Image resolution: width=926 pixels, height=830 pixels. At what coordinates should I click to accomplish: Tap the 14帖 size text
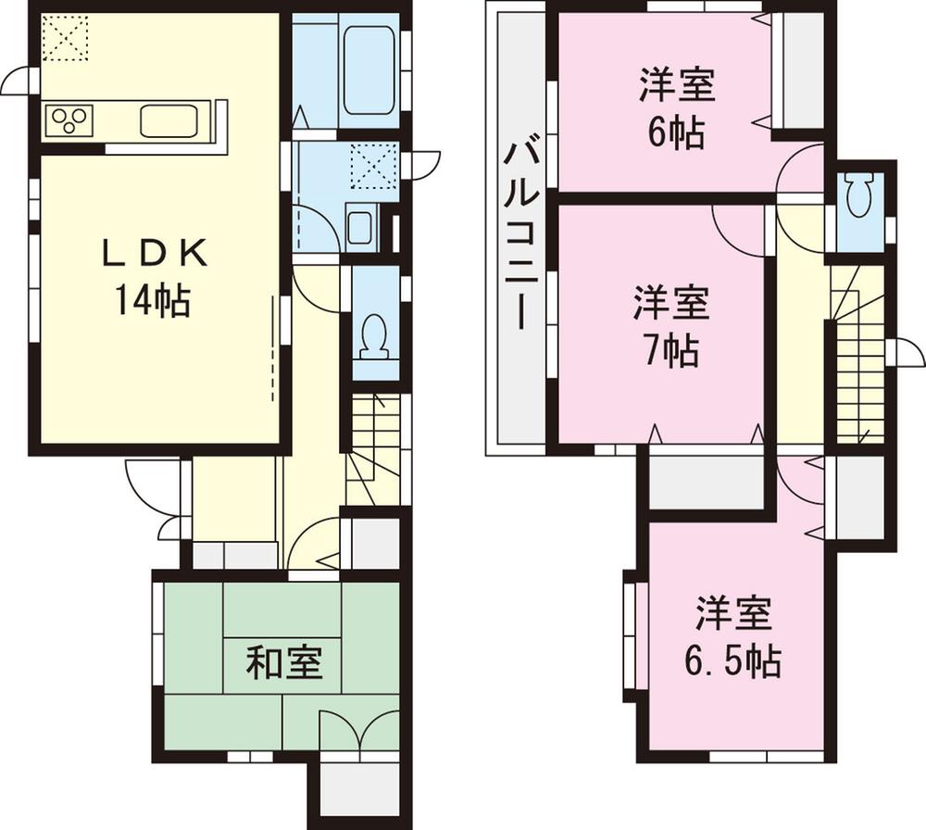(x=153, y=300)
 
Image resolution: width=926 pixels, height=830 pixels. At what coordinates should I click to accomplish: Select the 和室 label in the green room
(x=283, y=663)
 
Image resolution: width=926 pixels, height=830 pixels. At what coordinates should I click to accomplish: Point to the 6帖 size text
(x=675, y=133)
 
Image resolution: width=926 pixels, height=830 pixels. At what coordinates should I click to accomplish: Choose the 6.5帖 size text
(x=732, y=660)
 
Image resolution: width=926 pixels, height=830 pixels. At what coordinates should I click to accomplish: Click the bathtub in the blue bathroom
(x=369, y=69)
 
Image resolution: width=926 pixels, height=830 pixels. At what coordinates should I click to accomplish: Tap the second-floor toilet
(x=858, y=196)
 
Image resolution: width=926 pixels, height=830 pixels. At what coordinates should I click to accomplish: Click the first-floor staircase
(x=374, y=445)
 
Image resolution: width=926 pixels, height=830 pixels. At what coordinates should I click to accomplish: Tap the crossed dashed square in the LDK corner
(x=65, y=38)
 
